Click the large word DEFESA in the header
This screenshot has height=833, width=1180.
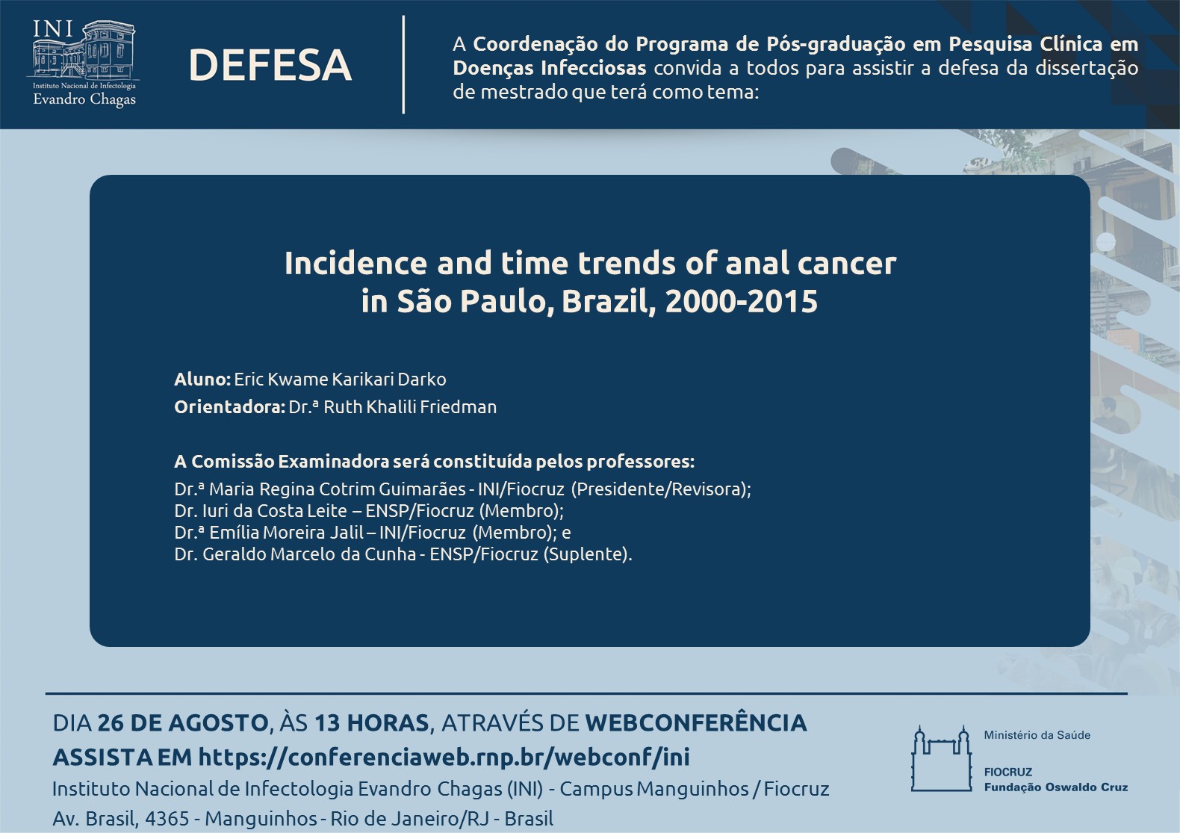[x=270, y=65]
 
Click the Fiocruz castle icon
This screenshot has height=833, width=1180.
[x=941, y=759]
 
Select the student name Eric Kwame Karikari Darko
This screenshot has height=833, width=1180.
[x=340, y=380]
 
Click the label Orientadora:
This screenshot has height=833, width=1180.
[x=230, y=406]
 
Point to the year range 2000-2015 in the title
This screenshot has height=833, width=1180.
[x=741, y=301]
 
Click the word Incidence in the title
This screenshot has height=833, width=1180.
[x=355, y=263]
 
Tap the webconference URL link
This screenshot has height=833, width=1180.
[x=444, y=757]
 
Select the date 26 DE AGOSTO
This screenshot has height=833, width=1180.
[x=183, y=723]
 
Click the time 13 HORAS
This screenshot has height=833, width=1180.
[x=372, y=723]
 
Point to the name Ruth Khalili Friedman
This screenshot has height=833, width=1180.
[x=410, y=406]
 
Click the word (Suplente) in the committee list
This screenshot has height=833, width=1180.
[x=586, y=554]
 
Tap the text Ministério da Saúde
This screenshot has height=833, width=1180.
[x=1037, y=735]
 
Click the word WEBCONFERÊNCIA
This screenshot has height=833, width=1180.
[x=696, y=722]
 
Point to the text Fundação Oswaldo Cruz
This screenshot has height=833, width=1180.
[x=1056, y=787]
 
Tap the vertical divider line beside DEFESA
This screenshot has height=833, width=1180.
[x=403, y=64]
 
